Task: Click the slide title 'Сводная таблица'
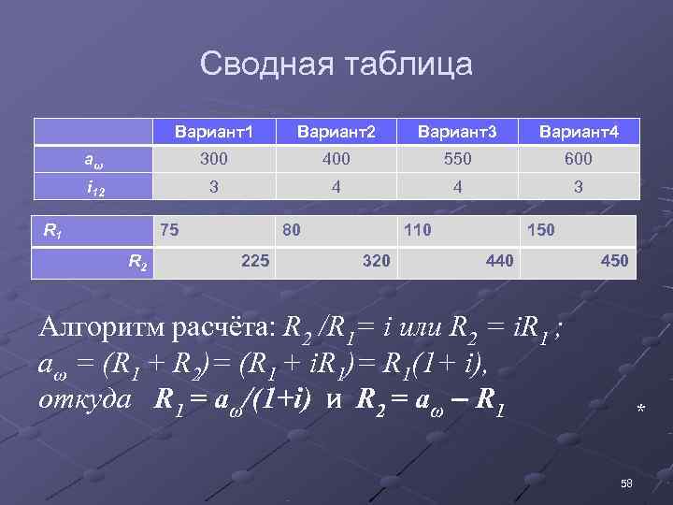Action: [336, 65]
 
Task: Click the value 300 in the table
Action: [214, 160]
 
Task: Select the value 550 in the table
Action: [457, 160]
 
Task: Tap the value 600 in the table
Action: [579, 160]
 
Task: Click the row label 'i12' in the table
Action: [94, 187]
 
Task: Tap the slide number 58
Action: [626, 483]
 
